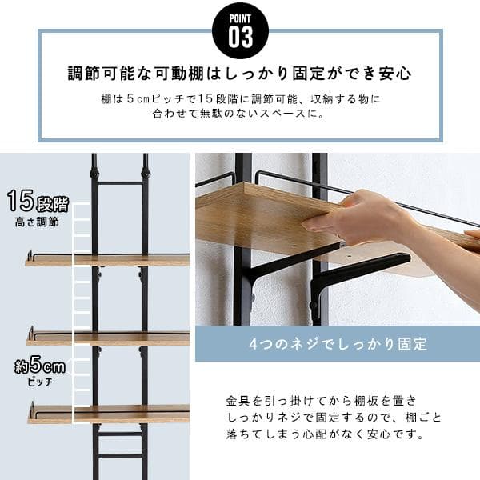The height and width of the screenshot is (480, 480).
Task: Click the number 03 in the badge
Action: (240, 37)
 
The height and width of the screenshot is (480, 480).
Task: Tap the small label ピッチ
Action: (38, 383)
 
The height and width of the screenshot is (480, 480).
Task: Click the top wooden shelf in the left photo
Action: (112, 260)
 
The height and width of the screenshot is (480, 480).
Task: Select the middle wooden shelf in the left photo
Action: (112, 338)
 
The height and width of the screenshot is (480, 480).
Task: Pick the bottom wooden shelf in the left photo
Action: (112, 414)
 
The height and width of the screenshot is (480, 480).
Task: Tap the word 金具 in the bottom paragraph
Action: (236, 399)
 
